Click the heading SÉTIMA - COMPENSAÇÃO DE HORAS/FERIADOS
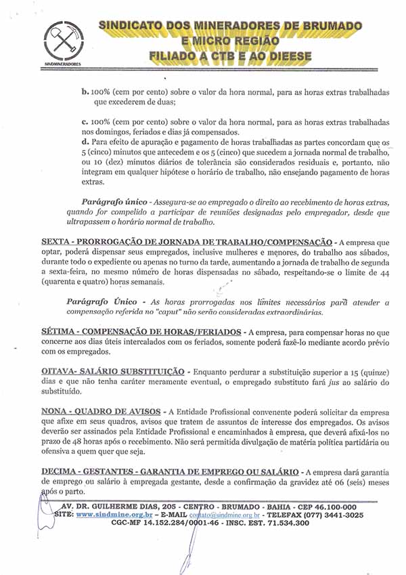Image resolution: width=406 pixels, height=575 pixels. [x=141, y=332]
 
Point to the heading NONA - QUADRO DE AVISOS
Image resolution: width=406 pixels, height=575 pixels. [x=101, y=411]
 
